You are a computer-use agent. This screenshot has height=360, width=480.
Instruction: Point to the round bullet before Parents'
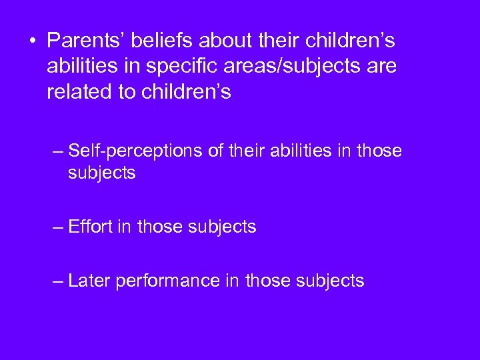coord(32,41)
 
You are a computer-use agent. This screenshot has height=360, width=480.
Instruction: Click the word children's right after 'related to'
coord(187,92)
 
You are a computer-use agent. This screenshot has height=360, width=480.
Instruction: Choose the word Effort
coord(90,227)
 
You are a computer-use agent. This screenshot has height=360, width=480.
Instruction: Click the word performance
coord(167,281)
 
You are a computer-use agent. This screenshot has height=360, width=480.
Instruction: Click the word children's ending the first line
coord(351,41)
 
